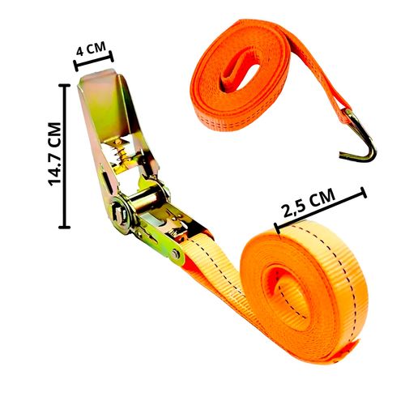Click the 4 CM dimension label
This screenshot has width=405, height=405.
click(91, 49)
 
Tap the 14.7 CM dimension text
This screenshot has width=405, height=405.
click(54, 154)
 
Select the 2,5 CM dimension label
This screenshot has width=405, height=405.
click(308, 202)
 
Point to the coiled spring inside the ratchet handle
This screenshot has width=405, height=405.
click(120, 153)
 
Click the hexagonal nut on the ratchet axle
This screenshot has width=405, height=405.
click(119, 212)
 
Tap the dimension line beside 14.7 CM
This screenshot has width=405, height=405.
click(64, 156)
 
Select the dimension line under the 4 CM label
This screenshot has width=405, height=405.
click(94, 61)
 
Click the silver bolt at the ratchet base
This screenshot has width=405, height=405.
click(176, 254)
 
